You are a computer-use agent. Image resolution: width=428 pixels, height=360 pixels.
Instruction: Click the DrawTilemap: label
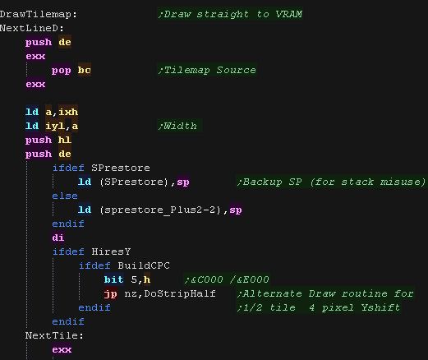(39, 14)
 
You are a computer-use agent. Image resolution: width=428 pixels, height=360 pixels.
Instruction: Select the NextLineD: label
(32, 28)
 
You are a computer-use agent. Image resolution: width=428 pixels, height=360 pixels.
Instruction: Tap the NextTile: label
(54, 335)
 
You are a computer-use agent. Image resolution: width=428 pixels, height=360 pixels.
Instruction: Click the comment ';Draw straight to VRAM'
(230, 14)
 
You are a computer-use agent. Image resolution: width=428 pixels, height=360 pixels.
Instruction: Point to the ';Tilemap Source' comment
(207, 70)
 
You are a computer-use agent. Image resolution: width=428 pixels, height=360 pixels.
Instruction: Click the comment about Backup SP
(332, 182)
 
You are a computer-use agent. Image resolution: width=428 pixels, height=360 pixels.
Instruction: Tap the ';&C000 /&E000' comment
(227, 279)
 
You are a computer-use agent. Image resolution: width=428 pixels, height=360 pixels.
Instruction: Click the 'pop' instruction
(62, 71)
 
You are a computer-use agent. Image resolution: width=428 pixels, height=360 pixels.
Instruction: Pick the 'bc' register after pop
(85, 70)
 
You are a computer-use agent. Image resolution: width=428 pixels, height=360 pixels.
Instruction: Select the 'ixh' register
(68, 112)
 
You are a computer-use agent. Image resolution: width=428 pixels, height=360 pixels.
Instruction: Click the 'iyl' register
(55, 127)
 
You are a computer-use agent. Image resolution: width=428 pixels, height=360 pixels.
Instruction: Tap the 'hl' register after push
(65, 140)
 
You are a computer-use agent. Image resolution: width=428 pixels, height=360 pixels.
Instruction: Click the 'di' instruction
(58, 238)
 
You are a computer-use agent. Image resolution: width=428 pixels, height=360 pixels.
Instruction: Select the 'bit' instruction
(114, 279)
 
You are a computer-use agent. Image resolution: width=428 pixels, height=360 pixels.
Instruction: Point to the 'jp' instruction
(111, 294)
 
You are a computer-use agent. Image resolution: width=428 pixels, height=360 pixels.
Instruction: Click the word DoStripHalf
(180, 293)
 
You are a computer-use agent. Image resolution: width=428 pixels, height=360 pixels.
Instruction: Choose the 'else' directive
(65, 196)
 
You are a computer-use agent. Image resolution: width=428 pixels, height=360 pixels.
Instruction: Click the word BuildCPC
(144, 265)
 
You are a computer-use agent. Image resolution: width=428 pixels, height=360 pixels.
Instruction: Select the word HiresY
(111, 252)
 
